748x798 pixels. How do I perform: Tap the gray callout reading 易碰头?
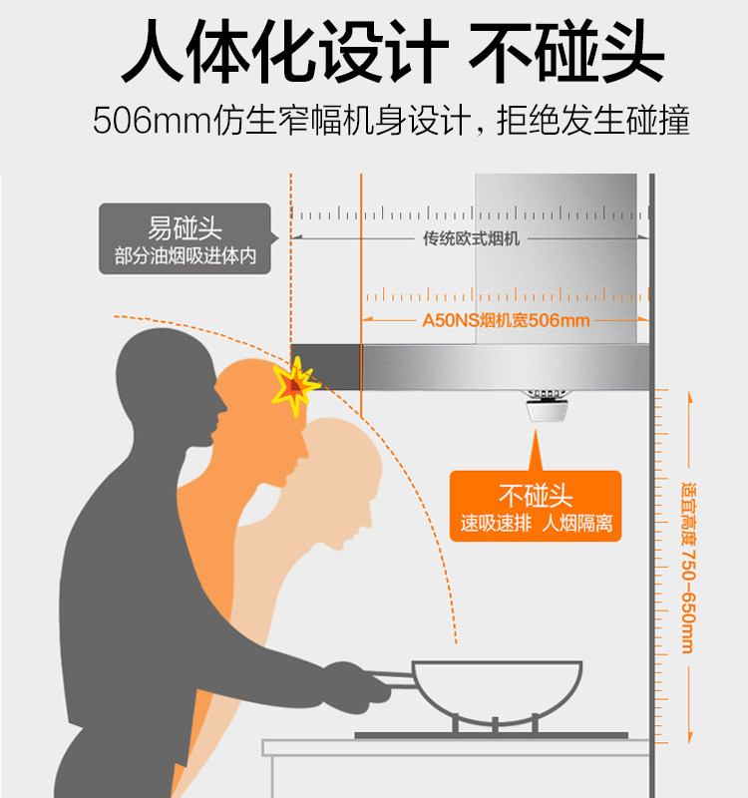186,238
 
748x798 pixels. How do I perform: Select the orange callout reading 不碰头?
536,506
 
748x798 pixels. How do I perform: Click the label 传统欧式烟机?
471,238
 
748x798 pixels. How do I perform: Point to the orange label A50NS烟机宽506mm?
507,320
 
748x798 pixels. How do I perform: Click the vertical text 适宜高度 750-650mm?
688,567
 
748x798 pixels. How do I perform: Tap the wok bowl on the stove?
496,689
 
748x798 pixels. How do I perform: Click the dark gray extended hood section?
326,366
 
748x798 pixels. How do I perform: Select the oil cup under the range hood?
547,406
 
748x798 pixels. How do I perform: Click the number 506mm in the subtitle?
153,121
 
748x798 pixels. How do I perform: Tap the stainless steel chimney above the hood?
557,258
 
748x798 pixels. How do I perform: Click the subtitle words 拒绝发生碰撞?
593,121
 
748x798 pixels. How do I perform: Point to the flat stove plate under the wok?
492,735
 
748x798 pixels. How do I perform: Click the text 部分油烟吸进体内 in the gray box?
186,256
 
